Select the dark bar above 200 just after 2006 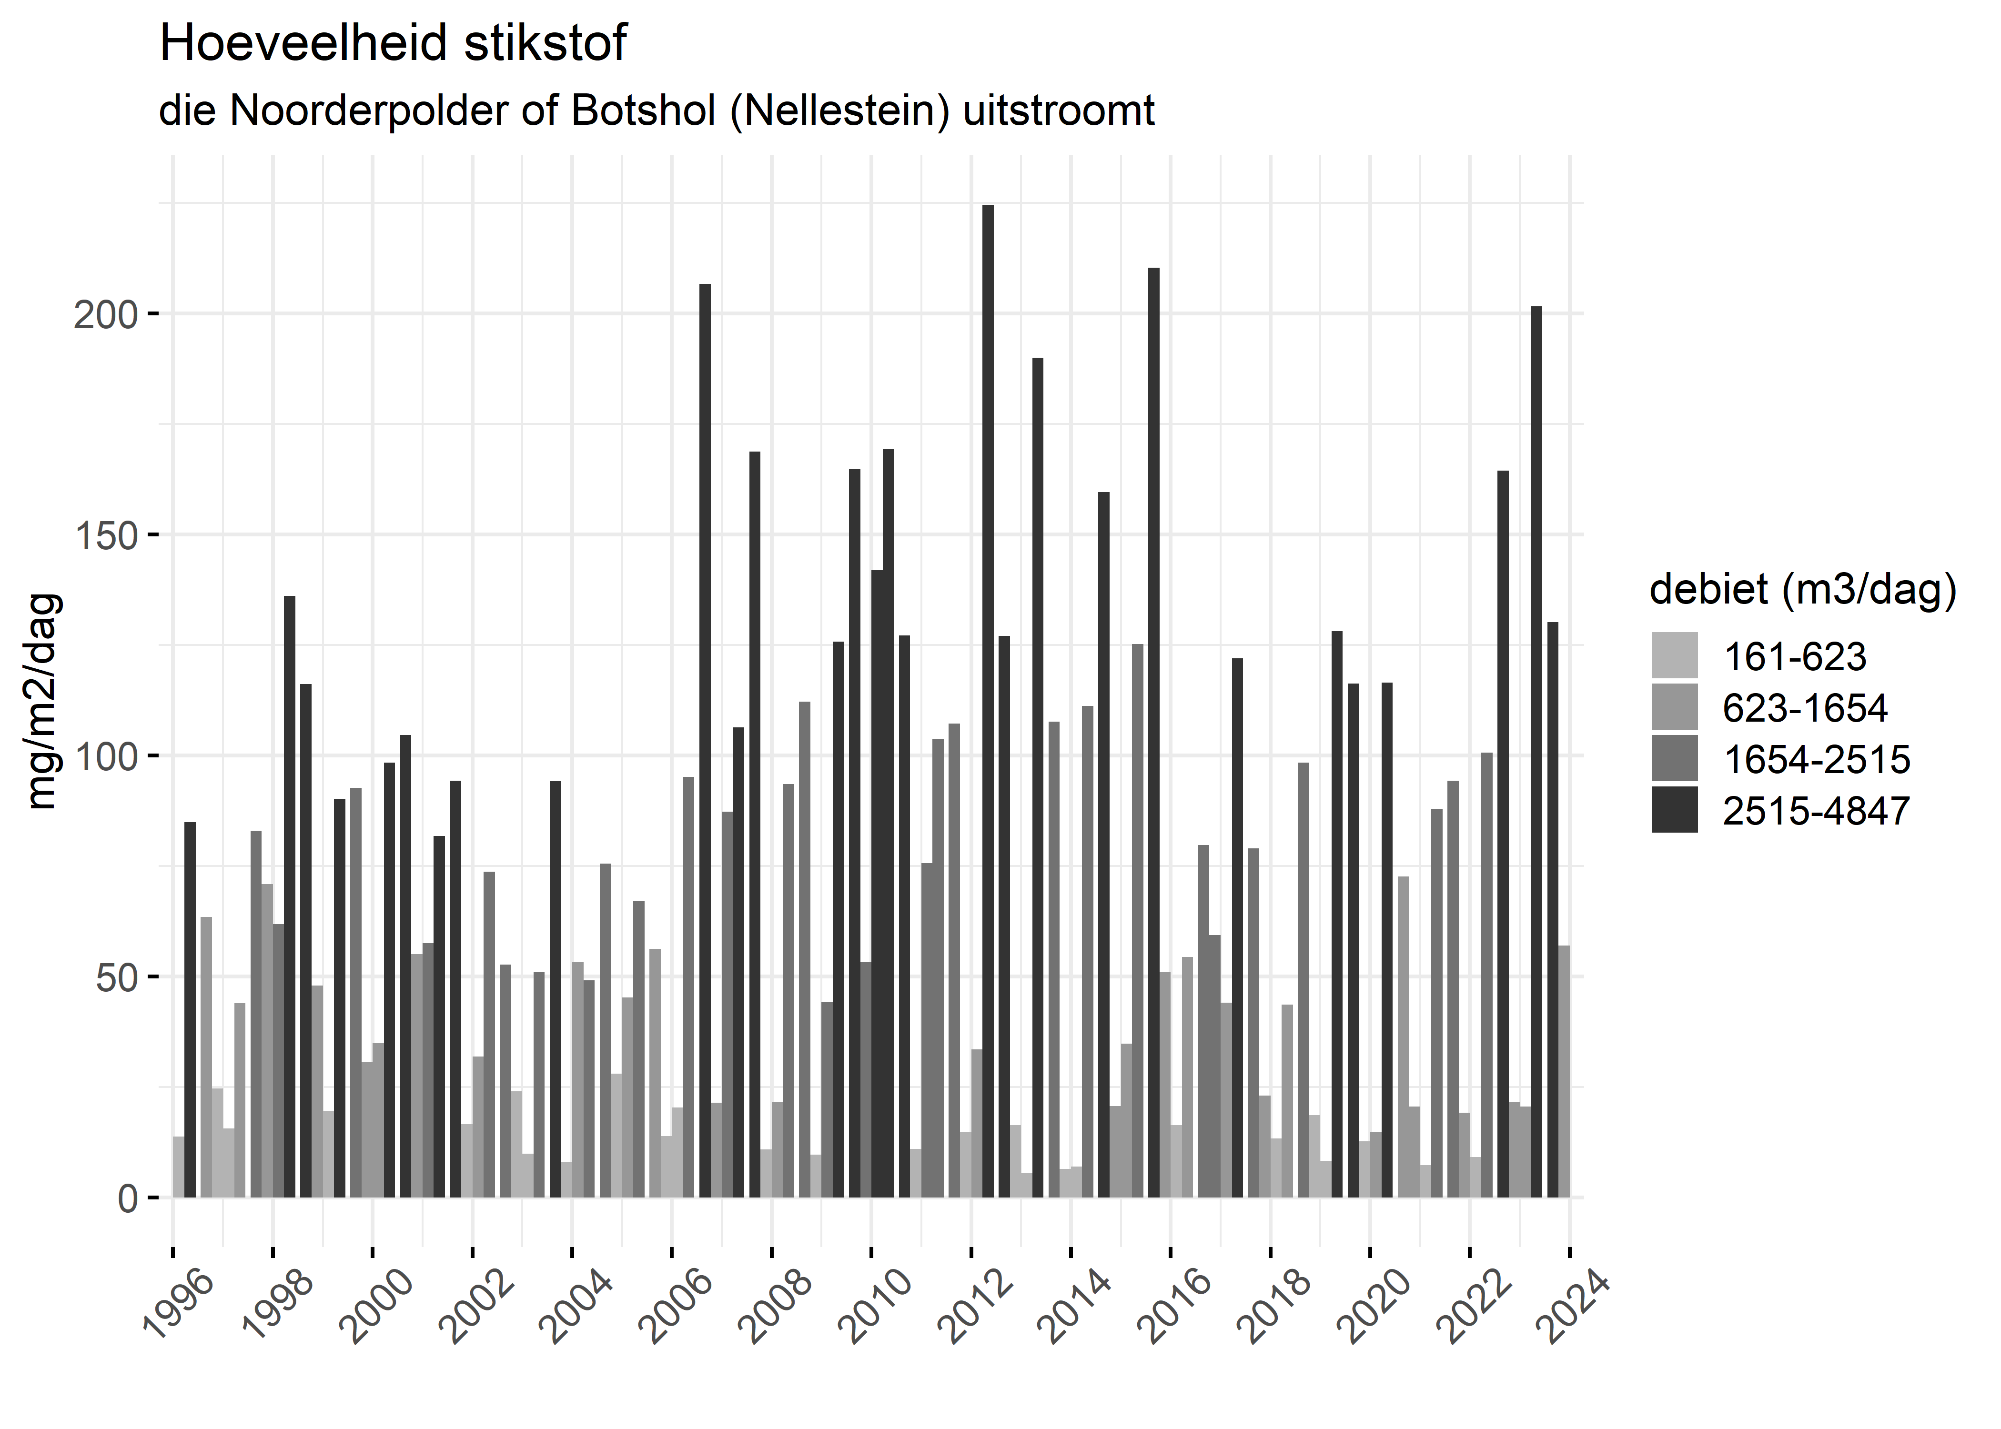[705, 739]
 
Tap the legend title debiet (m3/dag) [1802, 590]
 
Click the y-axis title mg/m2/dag [43, 701]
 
